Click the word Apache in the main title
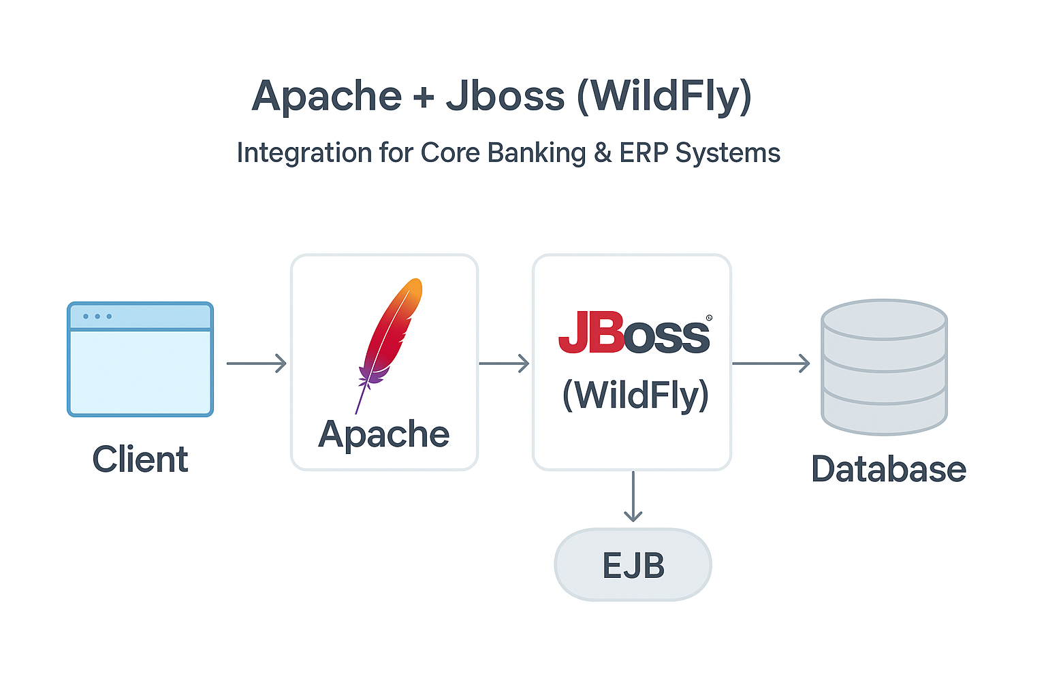click(327, 97)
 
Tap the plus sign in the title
click(424, 97)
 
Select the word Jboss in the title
click(505, 97)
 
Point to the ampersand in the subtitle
click(603, 153)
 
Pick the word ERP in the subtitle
click(644, 153)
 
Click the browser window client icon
click(140, 359)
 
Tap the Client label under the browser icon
click(140, 459)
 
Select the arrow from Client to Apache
click(256, 363)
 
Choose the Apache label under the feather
click(384, 434)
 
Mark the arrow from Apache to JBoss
click(504, 363)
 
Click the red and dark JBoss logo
click(633, 334)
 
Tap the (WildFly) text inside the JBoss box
click(635, 395)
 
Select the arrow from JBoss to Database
click(770, 363)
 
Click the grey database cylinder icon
click(884, 368)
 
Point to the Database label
click(889, 470)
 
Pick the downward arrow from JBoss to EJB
click(633, 497)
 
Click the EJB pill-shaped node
click(633, 565)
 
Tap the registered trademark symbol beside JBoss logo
click(709, 318)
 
